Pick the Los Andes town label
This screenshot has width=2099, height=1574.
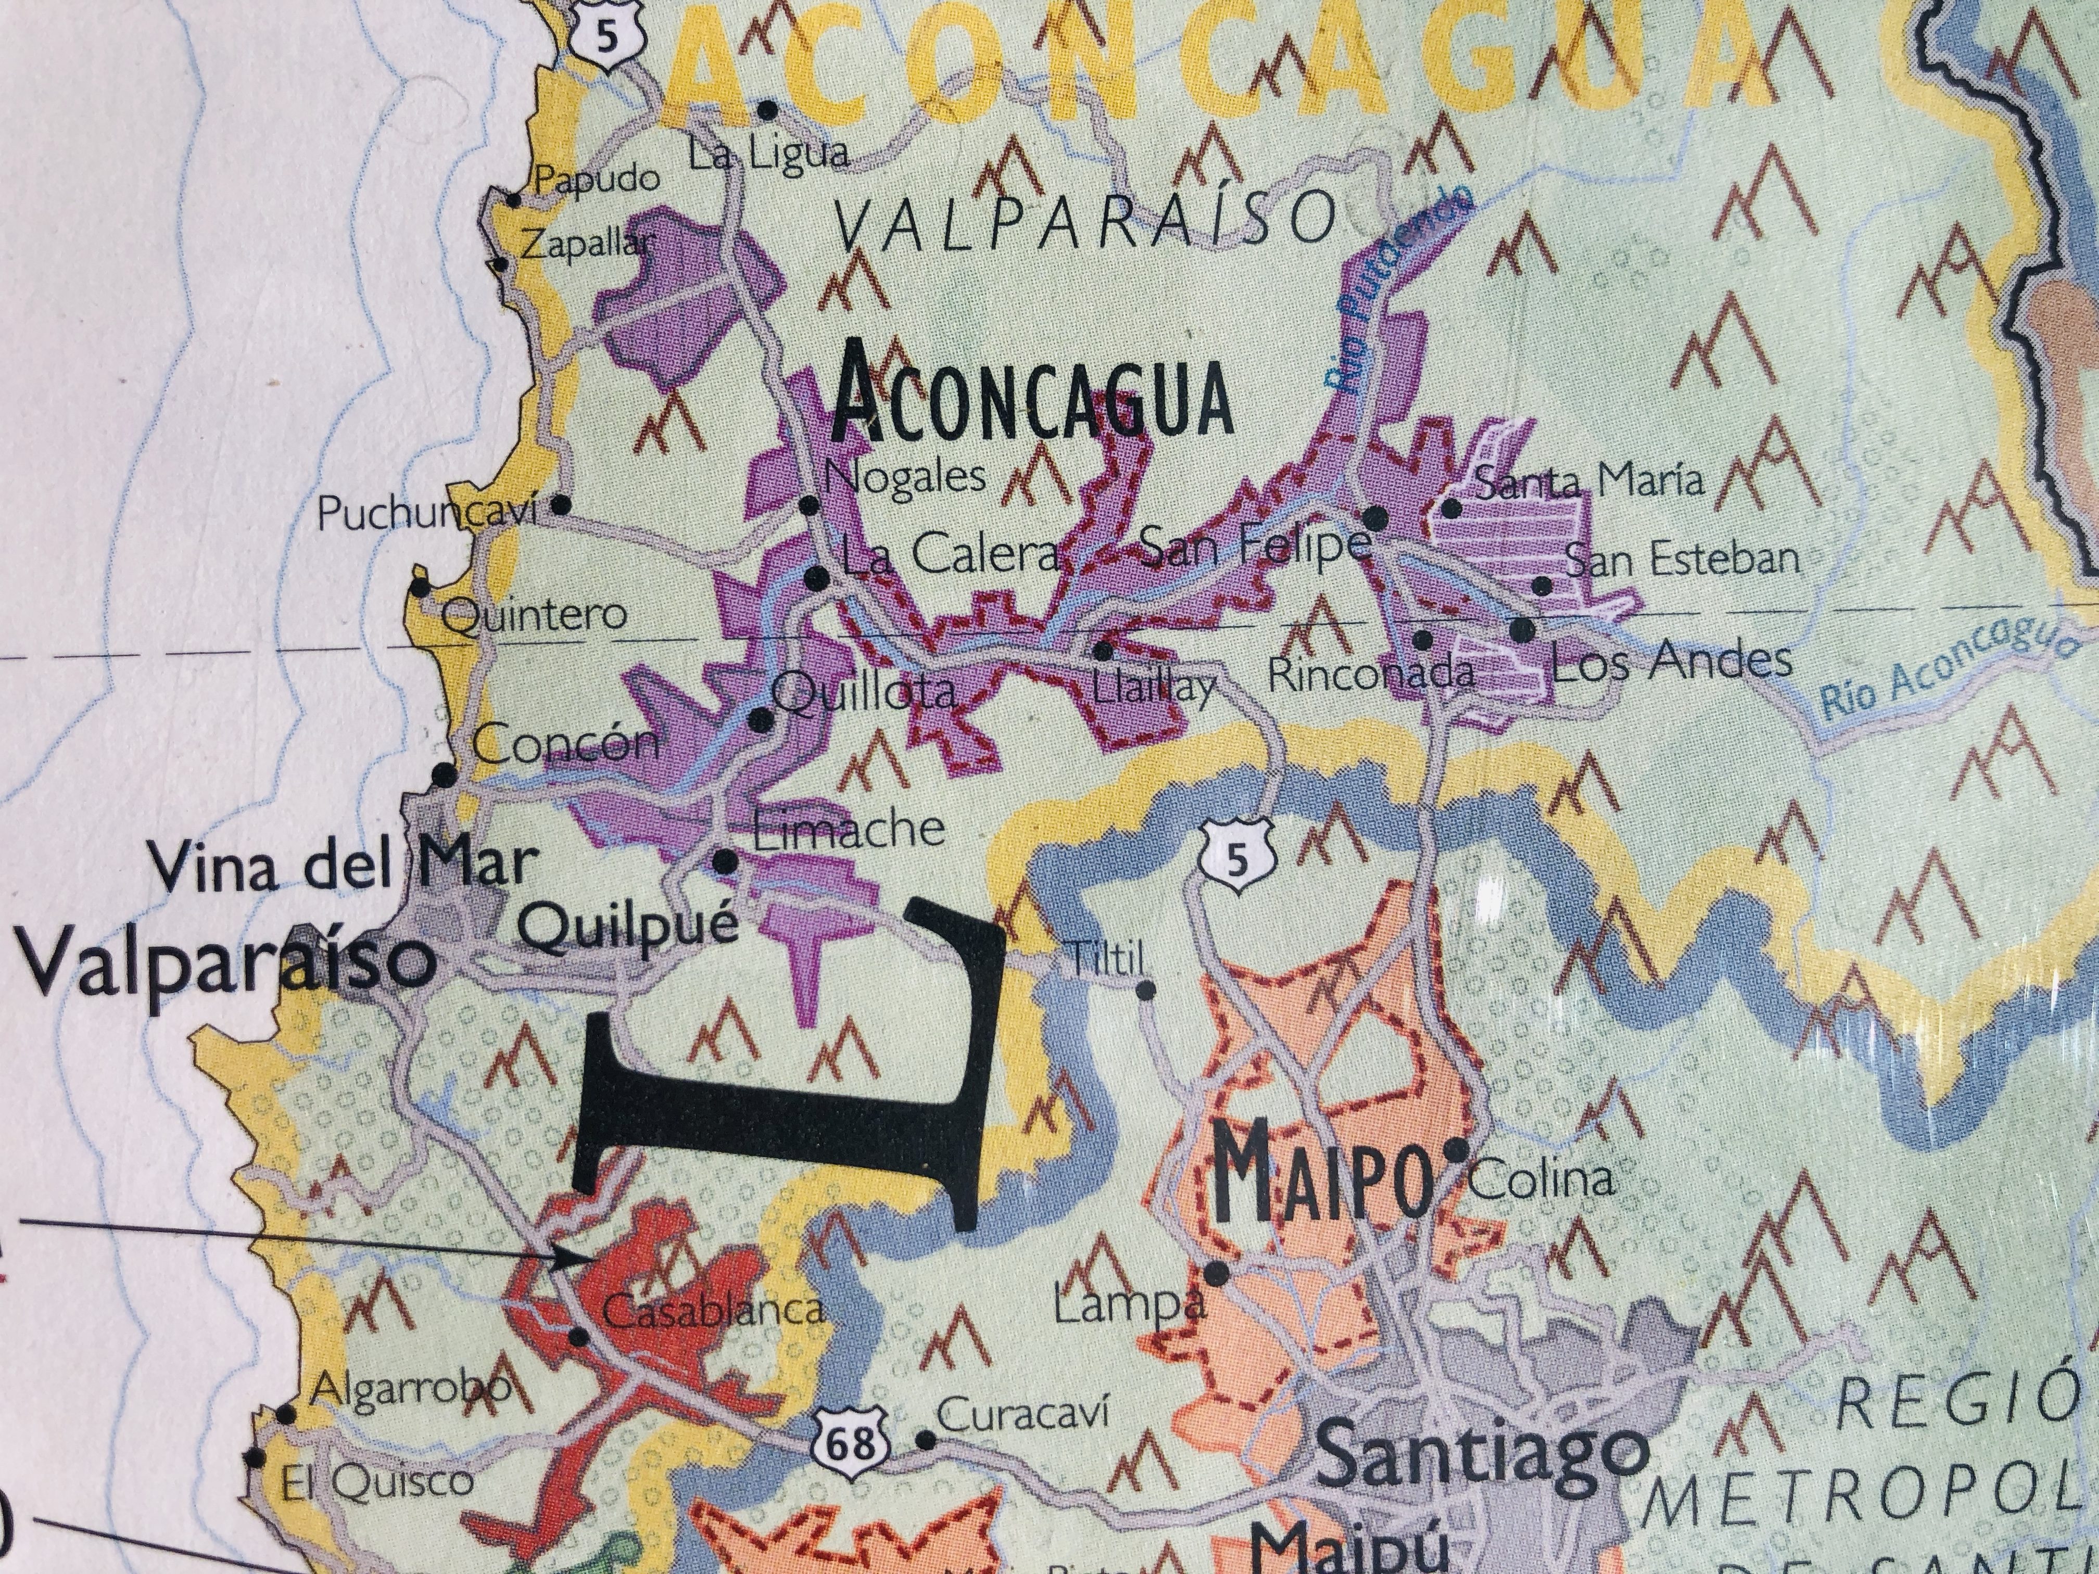(x=1670, y=661)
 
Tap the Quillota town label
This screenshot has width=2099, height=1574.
(x=864, y=693)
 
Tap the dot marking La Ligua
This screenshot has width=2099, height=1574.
(x=768, y=110)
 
